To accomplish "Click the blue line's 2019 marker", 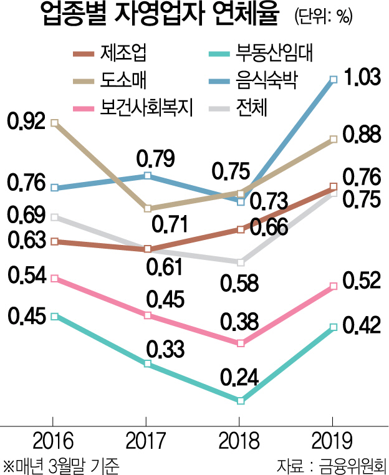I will [334, 79].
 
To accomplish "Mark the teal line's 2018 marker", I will [241, 400].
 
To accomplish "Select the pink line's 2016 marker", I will [54, 278].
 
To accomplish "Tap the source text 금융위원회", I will [350, 464].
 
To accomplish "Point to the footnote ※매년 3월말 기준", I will [60, 464].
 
